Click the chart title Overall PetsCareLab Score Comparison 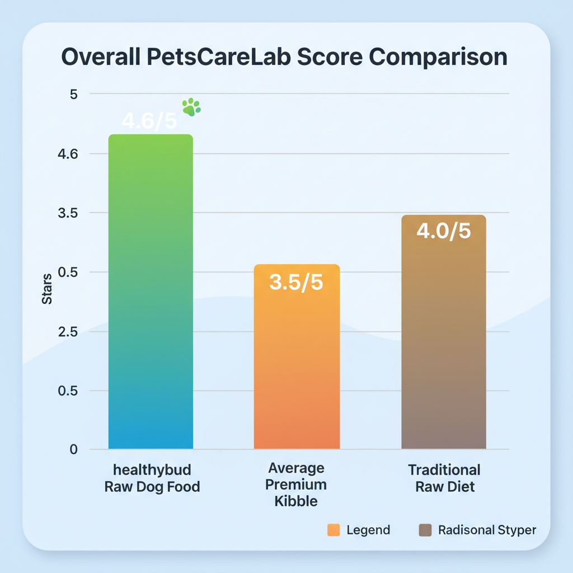284,58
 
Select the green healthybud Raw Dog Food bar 151,291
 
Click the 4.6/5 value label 149,122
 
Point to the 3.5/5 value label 296,283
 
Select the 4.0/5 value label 444,231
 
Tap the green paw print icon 191,107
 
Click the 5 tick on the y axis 73,94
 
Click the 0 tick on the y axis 73,450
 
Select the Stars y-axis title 47,289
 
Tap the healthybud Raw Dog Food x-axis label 152,478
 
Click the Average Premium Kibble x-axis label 297,484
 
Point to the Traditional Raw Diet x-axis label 444,478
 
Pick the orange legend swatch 334,530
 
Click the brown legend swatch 425,530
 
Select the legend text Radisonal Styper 487,530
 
